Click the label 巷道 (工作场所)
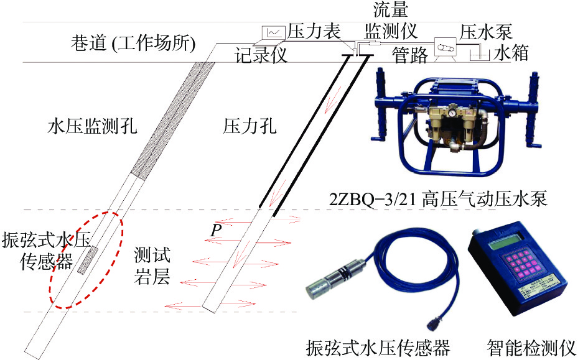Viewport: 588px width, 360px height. [x=133, y=44]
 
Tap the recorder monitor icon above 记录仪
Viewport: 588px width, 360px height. [x=274, y=32]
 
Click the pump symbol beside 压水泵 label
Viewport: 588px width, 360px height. [x=445, y=48]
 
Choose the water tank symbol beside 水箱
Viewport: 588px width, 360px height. [x=480, y=56]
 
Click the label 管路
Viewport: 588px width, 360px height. [x=409, y=55]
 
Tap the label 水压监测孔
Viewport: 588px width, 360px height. [x=92, y=126]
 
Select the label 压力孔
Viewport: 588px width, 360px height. [x=250, y=126]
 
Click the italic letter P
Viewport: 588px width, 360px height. [x=216, y=230]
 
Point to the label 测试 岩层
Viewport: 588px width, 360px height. [x=152, y=265]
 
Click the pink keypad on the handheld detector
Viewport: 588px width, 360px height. [x=520, y=264]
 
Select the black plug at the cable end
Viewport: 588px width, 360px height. [x=436, y=322]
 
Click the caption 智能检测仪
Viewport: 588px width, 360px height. [x=531, y=348]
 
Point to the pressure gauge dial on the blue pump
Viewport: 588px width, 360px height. [x=453, y=113]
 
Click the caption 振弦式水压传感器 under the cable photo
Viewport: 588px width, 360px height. [x=378, y=348]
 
